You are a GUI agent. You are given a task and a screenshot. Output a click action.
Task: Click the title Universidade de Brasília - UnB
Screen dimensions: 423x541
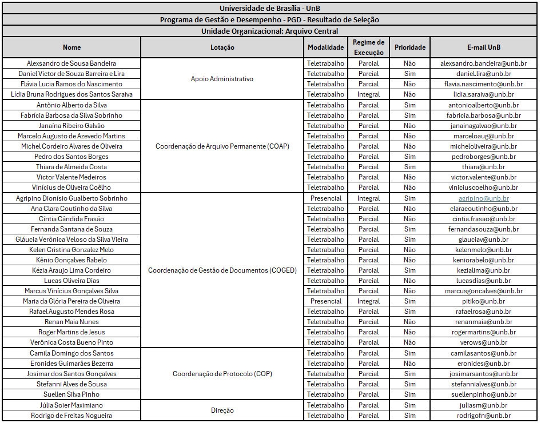click(270, 9)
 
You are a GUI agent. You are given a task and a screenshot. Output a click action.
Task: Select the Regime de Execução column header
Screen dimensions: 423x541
click(368, 47)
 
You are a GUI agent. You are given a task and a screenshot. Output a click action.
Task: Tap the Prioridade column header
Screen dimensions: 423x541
click(409, 47)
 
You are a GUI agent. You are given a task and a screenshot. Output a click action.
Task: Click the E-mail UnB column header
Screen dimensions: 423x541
click(483, 47)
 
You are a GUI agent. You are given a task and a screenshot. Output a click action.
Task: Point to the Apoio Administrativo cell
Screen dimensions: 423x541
click(222, 79)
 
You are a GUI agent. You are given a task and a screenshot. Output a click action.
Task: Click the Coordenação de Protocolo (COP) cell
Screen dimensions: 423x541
click(222, 374)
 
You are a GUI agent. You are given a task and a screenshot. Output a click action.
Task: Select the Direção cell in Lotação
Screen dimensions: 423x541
click(222, 410)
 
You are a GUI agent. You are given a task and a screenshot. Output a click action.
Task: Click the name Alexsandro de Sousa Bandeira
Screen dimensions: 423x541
click(71, 63)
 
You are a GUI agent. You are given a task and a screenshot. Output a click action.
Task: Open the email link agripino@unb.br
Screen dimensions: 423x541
click(483, 198)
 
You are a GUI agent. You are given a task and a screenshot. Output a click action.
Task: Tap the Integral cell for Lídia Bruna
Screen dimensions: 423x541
click(368, 94)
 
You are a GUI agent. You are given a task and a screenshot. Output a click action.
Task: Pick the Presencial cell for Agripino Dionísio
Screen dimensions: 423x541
click(326, 198)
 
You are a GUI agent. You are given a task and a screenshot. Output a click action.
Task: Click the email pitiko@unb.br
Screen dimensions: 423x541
click(483, 301)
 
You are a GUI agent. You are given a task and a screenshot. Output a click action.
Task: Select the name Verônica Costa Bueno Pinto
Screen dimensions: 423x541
click(71, 342)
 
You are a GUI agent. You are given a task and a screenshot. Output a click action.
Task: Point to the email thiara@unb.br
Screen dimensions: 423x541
click(483, 167)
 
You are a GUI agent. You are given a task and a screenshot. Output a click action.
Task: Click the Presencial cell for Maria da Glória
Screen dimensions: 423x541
click(326, 301)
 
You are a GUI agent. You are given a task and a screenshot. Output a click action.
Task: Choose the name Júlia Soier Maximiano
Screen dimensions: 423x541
click(71, 405)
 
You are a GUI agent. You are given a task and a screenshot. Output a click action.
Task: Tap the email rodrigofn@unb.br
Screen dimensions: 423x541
click(483, 416)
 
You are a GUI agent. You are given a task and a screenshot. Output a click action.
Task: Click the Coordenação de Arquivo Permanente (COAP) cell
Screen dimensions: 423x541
click(222, 146)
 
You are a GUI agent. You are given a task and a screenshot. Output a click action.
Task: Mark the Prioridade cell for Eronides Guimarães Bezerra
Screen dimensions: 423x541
click(409, 364)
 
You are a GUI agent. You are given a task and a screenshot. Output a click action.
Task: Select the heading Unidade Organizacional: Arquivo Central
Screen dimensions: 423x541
click(270, 31)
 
